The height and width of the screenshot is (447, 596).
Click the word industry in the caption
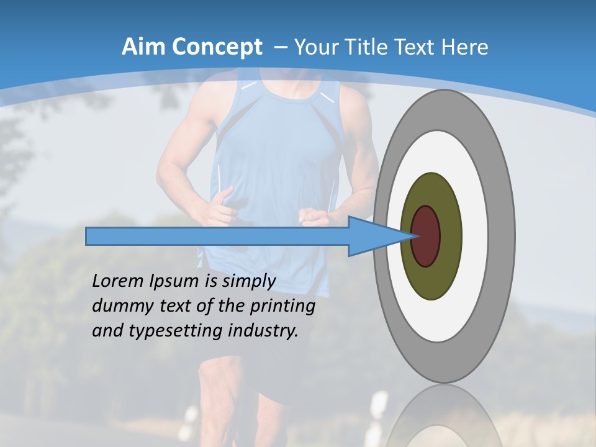pyautogui.click(x=263, y=331)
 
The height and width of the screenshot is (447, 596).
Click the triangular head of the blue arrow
pyautogui.click(x=372, y=236)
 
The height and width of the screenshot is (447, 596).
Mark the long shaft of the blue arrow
pyautogui.click(x=217, y=236)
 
